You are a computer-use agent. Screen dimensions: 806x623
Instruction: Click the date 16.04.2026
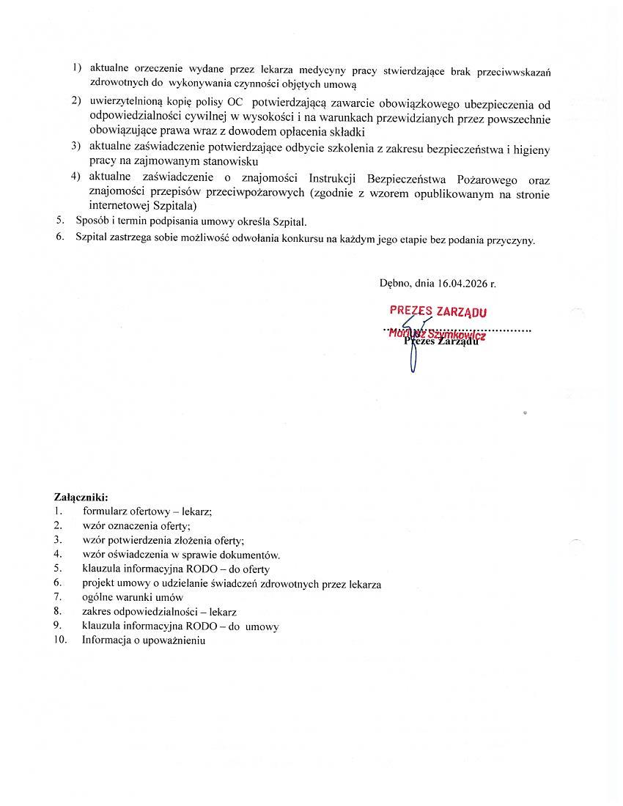(x=462, y=283)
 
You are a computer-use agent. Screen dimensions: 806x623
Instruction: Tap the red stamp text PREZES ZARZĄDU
(x=438, y=311)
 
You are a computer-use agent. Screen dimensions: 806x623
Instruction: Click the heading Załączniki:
(x=81, y=498)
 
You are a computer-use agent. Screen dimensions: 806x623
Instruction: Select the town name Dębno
(x=396, y=283)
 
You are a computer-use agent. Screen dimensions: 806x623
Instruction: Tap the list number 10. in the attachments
(x=60, y=640)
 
